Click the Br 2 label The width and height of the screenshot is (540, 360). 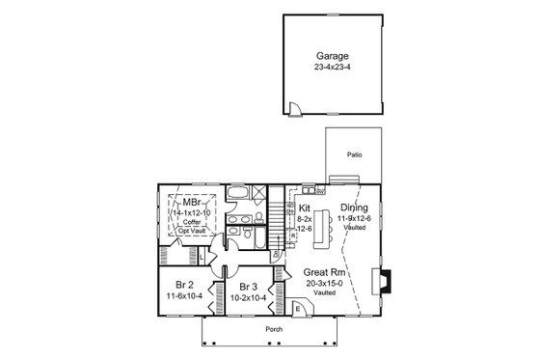[x=186, y=286]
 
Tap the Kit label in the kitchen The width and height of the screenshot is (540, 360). [x=305, y=208]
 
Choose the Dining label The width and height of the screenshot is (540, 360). [x=354, y=207]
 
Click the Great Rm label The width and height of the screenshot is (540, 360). [x=322, y=272]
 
